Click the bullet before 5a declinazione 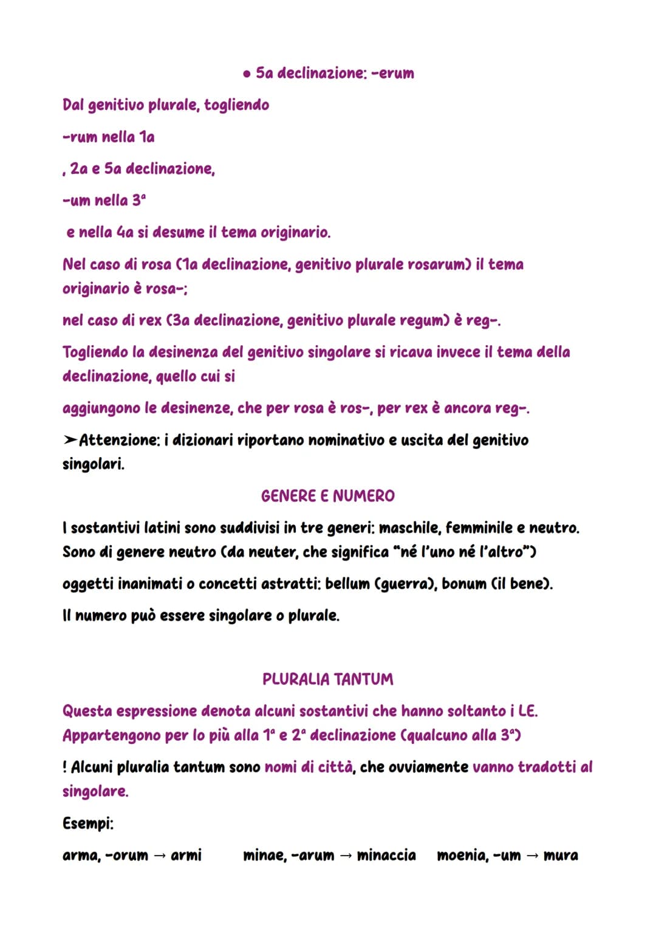click(246, 74)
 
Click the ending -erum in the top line click(393, 74)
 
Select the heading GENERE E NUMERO click(327, 496)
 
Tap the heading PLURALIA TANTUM click(327, 679)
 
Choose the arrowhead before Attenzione click(70, 440)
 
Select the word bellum click(347, 584)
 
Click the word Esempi click(87, 823)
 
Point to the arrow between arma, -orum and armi click(159, 856)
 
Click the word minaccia click(386, 856)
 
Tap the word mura click(561, 856)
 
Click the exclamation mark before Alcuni click(65, 768)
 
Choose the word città click(335, 767)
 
